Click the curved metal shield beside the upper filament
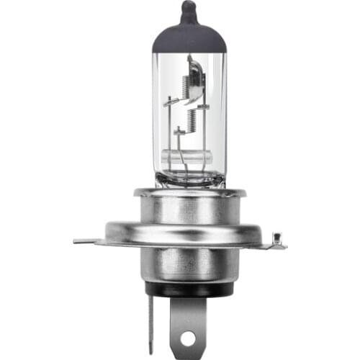(x=196, y=76)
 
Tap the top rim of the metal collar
(x=189, y=193)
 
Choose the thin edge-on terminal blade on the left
(x=150, y=324)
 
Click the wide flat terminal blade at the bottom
(x=189, y=324)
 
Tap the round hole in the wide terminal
(x=189, y=336)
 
